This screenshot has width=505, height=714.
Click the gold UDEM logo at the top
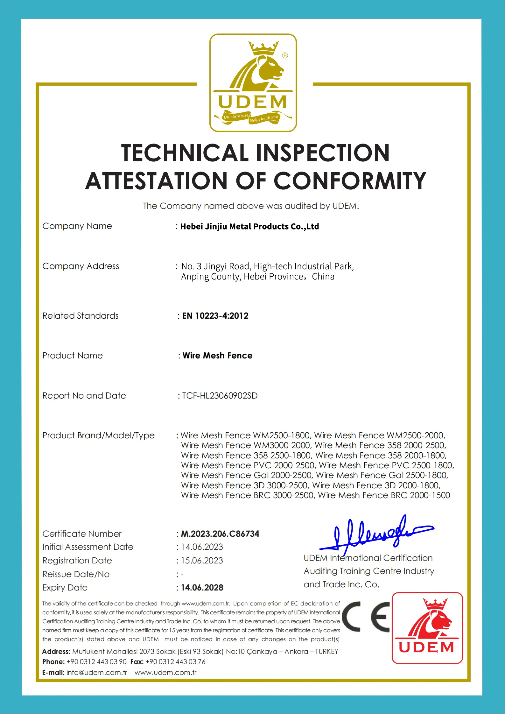[253, 83]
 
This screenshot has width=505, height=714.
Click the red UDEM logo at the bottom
[427, 628]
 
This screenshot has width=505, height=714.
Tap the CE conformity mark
[366, 617]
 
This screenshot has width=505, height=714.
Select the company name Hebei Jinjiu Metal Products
[249, 226]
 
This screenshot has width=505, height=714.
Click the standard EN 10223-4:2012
[215, 316]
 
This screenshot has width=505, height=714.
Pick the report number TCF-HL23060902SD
[220, 396]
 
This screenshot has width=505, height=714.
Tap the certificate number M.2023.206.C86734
[220, 534]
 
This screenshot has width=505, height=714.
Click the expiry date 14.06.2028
[202, 588]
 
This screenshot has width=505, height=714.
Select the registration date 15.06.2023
[202, 561]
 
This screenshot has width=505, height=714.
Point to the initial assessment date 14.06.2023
[202, 547]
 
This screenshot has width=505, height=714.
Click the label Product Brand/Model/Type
[98, 435]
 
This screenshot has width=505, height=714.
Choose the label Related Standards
[81, 316]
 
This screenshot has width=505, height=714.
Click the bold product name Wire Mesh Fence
[217, 356]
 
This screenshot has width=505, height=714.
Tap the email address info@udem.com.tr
[97, 673]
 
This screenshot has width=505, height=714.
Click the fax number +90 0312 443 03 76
[175, 662]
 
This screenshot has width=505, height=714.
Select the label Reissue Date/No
[76, 574]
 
